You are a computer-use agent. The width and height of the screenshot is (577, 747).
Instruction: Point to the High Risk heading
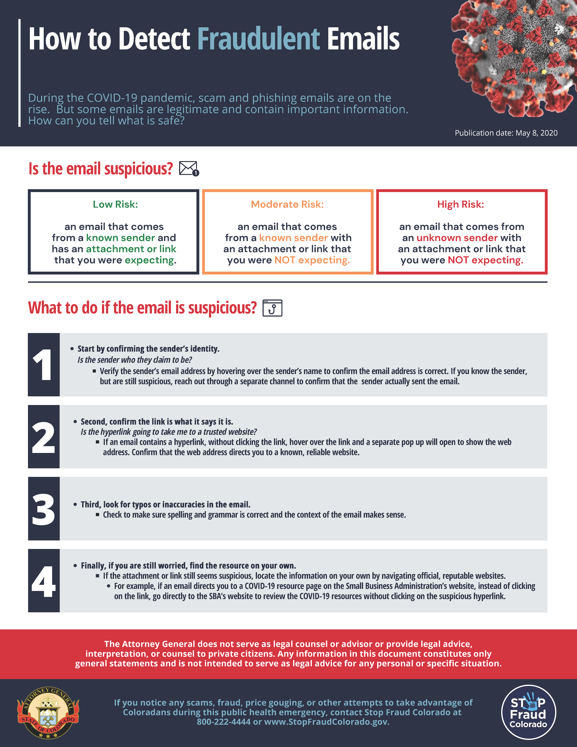coord(461,205)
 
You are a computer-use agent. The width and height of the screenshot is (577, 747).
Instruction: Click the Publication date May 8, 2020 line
coord(506,133)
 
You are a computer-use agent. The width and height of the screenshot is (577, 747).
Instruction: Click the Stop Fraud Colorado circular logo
coord(528,712)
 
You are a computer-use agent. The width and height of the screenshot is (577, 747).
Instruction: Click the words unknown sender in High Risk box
coord(457,238)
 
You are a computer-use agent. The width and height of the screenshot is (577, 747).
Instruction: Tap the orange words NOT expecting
coord(312,260)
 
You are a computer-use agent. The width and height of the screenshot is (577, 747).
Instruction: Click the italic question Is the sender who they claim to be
coord(135,360)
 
